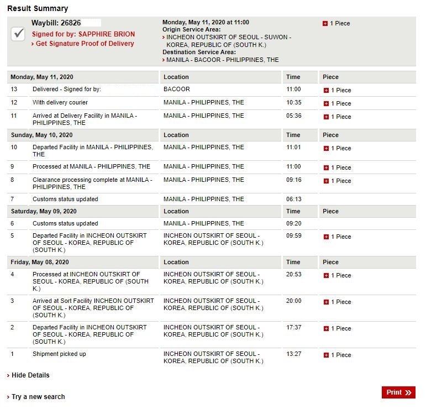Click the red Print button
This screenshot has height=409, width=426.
tap(398, 392)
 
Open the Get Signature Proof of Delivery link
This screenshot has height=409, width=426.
tap(85, 44)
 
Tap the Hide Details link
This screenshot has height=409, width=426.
tap(30, 375)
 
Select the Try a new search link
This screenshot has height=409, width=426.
tap(38, 397)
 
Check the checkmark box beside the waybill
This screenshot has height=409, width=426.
tap(18, 34)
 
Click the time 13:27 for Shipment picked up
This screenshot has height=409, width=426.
tap(294, 354)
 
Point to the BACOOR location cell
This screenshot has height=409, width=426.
tap(177, 90)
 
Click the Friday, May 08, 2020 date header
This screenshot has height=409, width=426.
tap(40, 262)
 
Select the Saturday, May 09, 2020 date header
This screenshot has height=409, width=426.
tap(44, 211)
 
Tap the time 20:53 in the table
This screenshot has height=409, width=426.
tap(294, 275)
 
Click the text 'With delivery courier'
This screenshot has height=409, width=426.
tap(60, 103)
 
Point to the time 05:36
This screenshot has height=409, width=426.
tap(294, 116)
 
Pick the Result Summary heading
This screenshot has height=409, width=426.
tap(38, 8)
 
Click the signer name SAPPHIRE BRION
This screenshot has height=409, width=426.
tap(106, 34)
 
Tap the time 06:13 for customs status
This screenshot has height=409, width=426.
tap(294, 199)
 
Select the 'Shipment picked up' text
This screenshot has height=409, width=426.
tap(59, 354)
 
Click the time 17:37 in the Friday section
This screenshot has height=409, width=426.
tap(294, 328)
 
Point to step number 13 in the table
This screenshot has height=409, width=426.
tap(14, 90)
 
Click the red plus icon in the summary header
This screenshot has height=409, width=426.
tap(325, 24)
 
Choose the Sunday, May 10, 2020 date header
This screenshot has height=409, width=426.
tap(41, 135)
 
